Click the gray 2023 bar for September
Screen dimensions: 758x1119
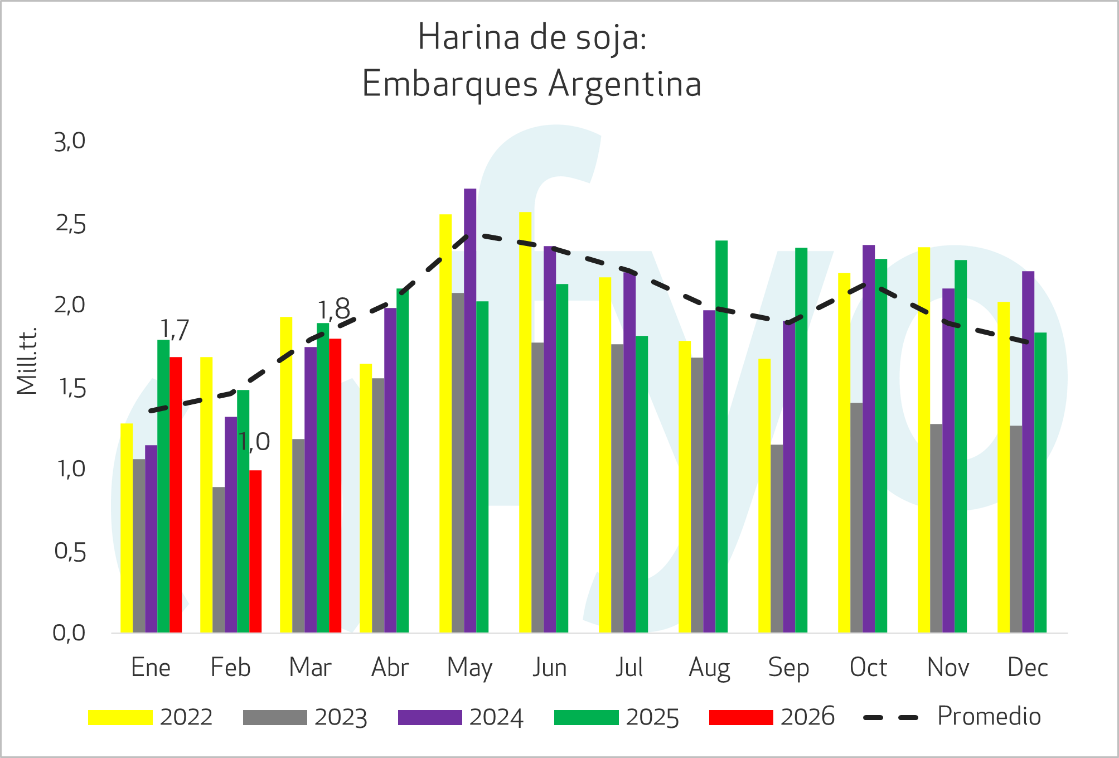(777, 538)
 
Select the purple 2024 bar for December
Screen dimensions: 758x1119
(1028, 452)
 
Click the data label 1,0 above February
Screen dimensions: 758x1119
(254, 442)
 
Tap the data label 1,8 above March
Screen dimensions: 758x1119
(333, 310)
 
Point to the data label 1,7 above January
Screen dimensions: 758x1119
(175, 330)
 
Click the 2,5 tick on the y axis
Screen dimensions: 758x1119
(71, 224)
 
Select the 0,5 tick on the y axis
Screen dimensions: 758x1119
(70, 552)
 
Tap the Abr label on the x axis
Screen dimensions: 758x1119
(390, 668)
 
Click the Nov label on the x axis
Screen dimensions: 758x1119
(948, 668)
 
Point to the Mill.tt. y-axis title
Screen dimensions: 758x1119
(27, 361)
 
